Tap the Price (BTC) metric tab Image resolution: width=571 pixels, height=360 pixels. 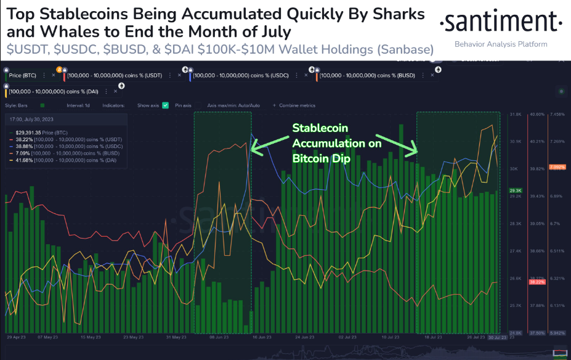pyautogui.click(x=23, y=75)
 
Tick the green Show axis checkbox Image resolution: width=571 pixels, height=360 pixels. pyautogui.click(x=164, y=105)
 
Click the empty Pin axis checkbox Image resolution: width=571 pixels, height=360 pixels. pyautogui.click(x=171, y=105)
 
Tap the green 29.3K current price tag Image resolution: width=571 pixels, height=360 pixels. pyautogui.click(x=516, y=191)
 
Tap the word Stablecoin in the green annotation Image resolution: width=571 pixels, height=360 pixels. pyautogui.click(x=320, y=128)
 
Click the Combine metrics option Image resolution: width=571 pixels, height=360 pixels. pyautogui.click(x=299, y=105)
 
